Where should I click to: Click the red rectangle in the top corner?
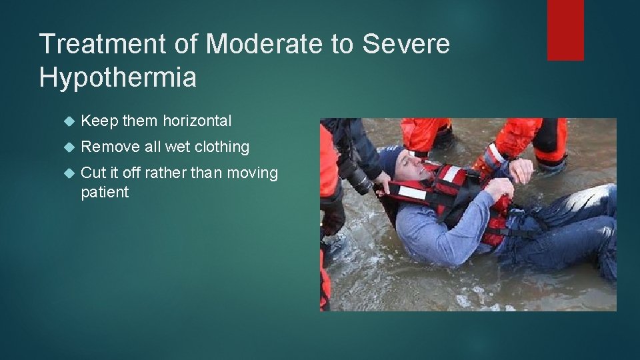pyautogui.click(x=565, y=30)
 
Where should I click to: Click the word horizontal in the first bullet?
pyautogui.click(x=197, y=121)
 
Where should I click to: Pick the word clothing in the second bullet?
pyautogui.click(x=219, y=147)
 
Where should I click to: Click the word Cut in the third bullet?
pyautogui.click(x=92, y=173)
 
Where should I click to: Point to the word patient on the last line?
pyautogui.click(x=105, y=193)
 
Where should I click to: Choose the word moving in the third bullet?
pyautogui.click(x=253, y=173)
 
